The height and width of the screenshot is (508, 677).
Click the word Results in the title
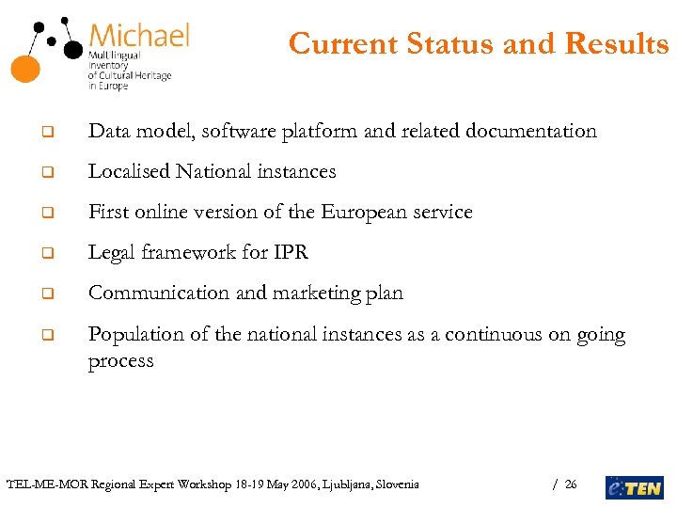tap(616, 43)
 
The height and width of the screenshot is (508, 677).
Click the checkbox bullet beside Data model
tap(45, 133)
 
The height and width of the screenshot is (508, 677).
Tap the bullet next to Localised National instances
tap(45, 173)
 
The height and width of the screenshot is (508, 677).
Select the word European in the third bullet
tap(363, 212)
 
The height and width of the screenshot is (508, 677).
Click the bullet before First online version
tap(45, 214)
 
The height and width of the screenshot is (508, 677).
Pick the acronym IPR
tap(290, 252)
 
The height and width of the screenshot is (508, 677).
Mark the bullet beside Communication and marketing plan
tap(45, 294)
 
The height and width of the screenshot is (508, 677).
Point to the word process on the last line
tap(120, 362)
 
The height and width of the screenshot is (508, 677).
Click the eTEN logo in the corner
tap(634, 486)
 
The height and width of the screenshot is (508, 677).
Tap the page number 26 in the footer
tap(571, 485)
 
